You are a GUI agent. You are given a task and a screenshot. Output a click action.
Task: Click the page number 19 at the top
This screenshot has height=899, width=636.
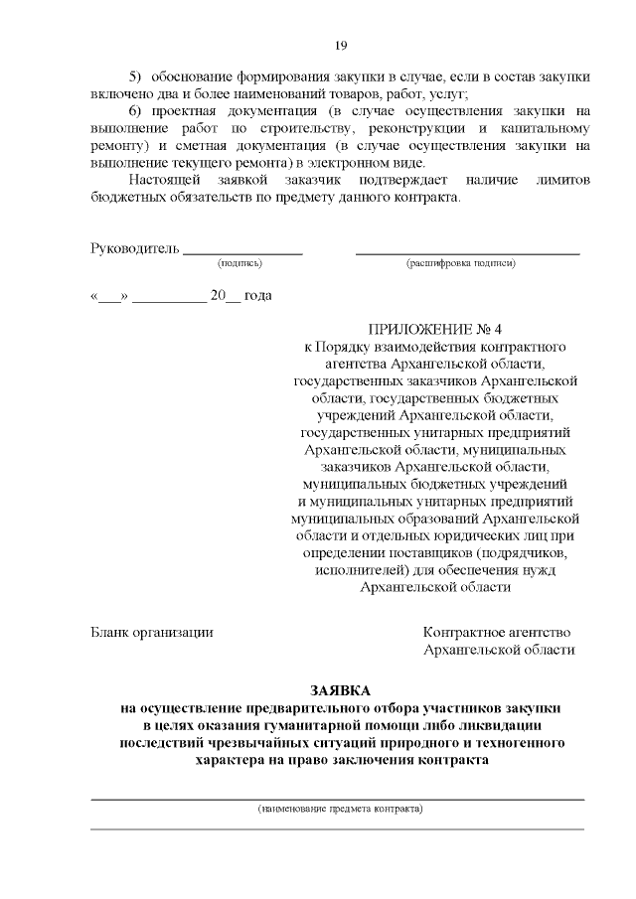tap(340, 45)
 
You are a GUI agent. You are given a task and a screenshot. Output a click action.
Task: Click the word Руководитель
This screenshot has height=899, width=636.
tap(135, 248)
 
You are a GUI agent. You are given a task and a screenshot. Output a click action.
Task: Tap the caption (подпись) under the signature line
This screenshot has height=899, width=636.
tap(239, 264)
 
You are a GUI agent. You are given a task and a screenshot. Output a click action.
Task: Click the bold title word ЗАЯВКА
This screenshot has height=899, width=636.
tap(340, 689)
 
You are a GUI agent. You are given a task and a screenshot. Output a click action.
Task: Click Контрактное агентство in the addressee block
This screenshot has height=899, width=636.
tap(497, 632)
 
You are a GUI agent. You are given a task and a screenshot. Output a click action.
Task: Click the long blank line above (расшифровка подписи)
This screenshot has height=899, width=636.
tap(467, 252)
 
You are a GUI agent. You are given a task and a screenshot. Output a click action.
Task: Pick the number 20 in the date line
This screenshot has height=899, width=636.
tap(219, 296)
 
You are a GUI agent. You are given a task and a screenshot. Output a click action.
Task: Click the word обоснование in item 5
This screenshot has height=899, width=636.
tap(197, 76)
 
